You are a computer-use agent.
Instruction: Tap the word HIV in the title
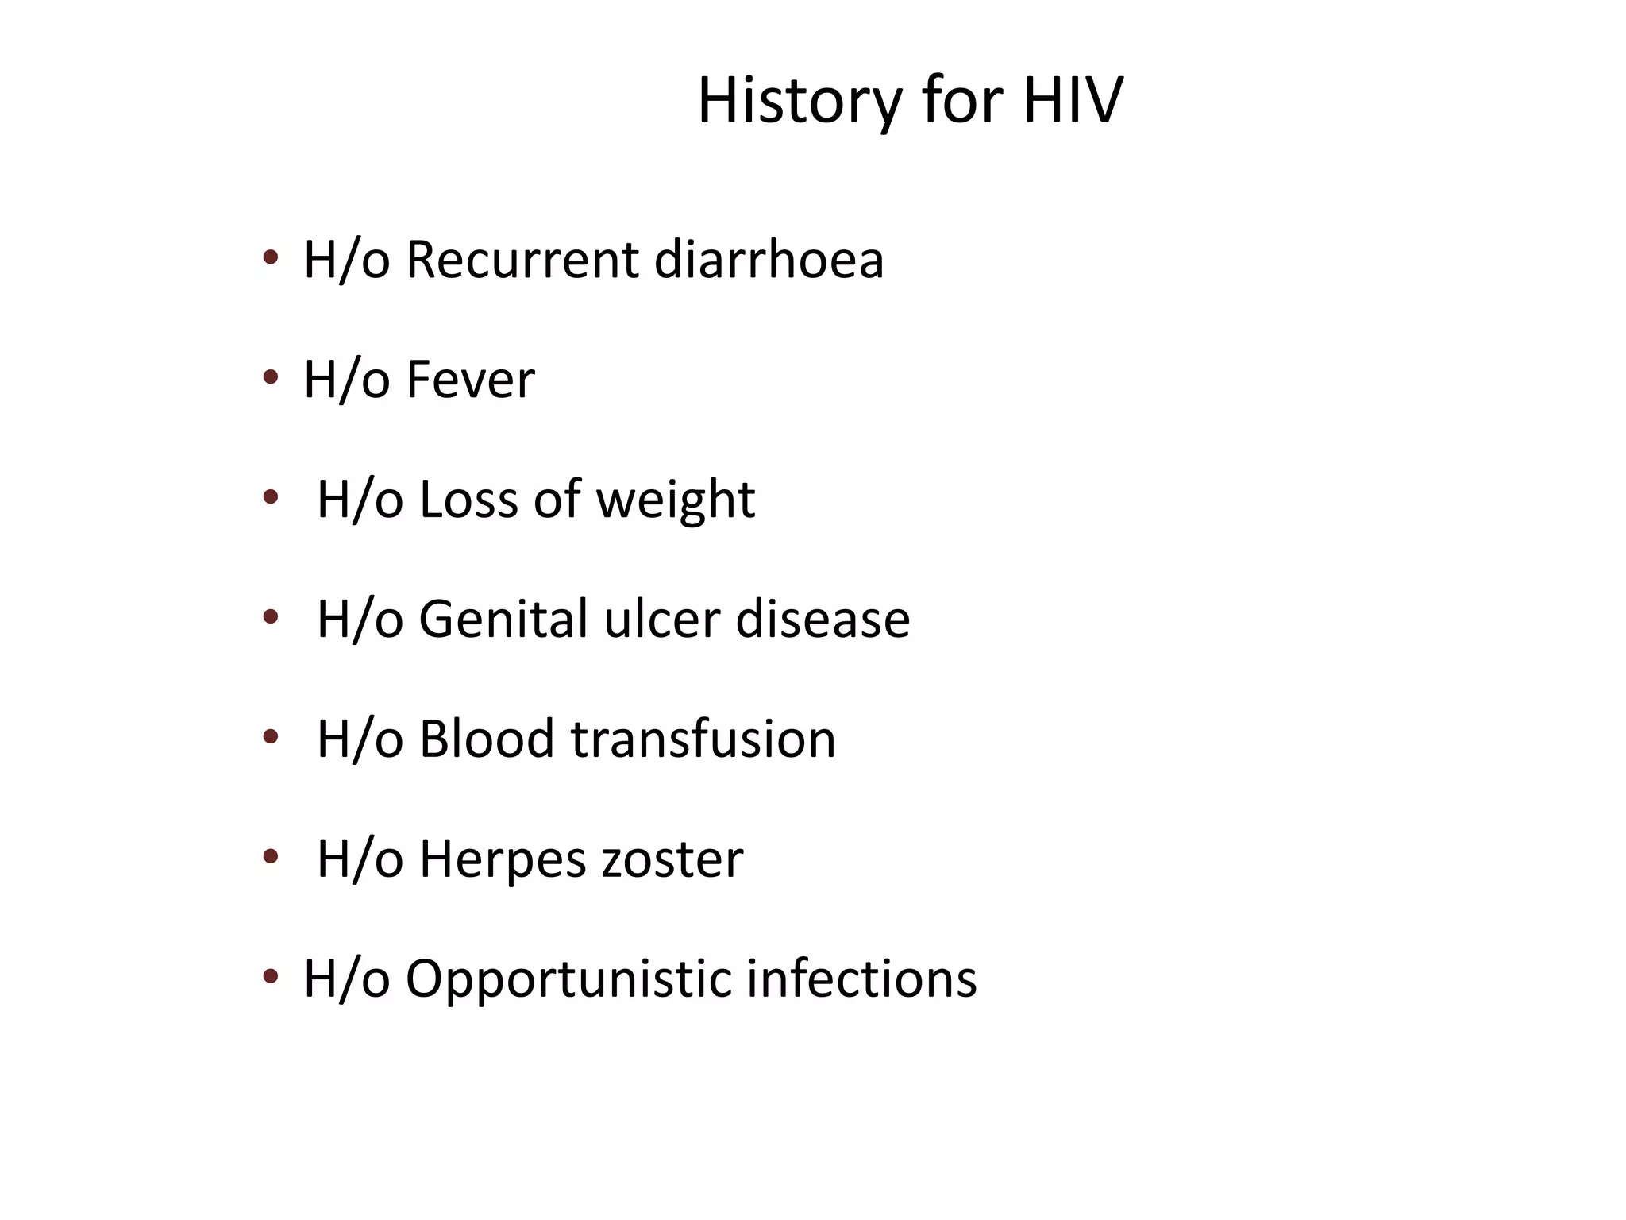(x=1073, y=102)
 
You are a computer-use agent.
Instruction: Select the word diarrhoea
(x=769, y=260)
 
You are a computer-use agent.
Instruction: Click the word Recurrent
(x=522, y=260)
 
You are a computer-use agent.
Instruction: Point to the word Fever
(x=470, y=380)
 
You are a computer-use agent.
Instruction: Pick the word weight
(x=675, y=500)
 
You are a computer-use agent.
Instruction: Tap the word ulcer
(x=662, y=620)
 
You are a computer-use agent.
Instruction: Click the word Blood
(x=487, y=739)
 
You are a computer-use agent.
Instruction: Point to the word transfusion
(x=703, y=739)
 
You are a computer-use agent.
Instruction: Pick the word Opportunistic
(x=568, y=979)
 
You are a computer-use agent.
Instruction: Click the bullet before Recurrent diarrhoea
(x=271, y=257)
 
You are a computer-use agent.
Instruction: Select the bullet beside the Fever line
(x=271, y=377)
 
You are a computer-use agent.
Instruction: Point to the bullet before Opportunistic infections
(x=271, y=976)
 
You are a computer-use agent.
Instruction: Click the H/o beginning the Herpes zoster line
(x=360, y=859)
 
